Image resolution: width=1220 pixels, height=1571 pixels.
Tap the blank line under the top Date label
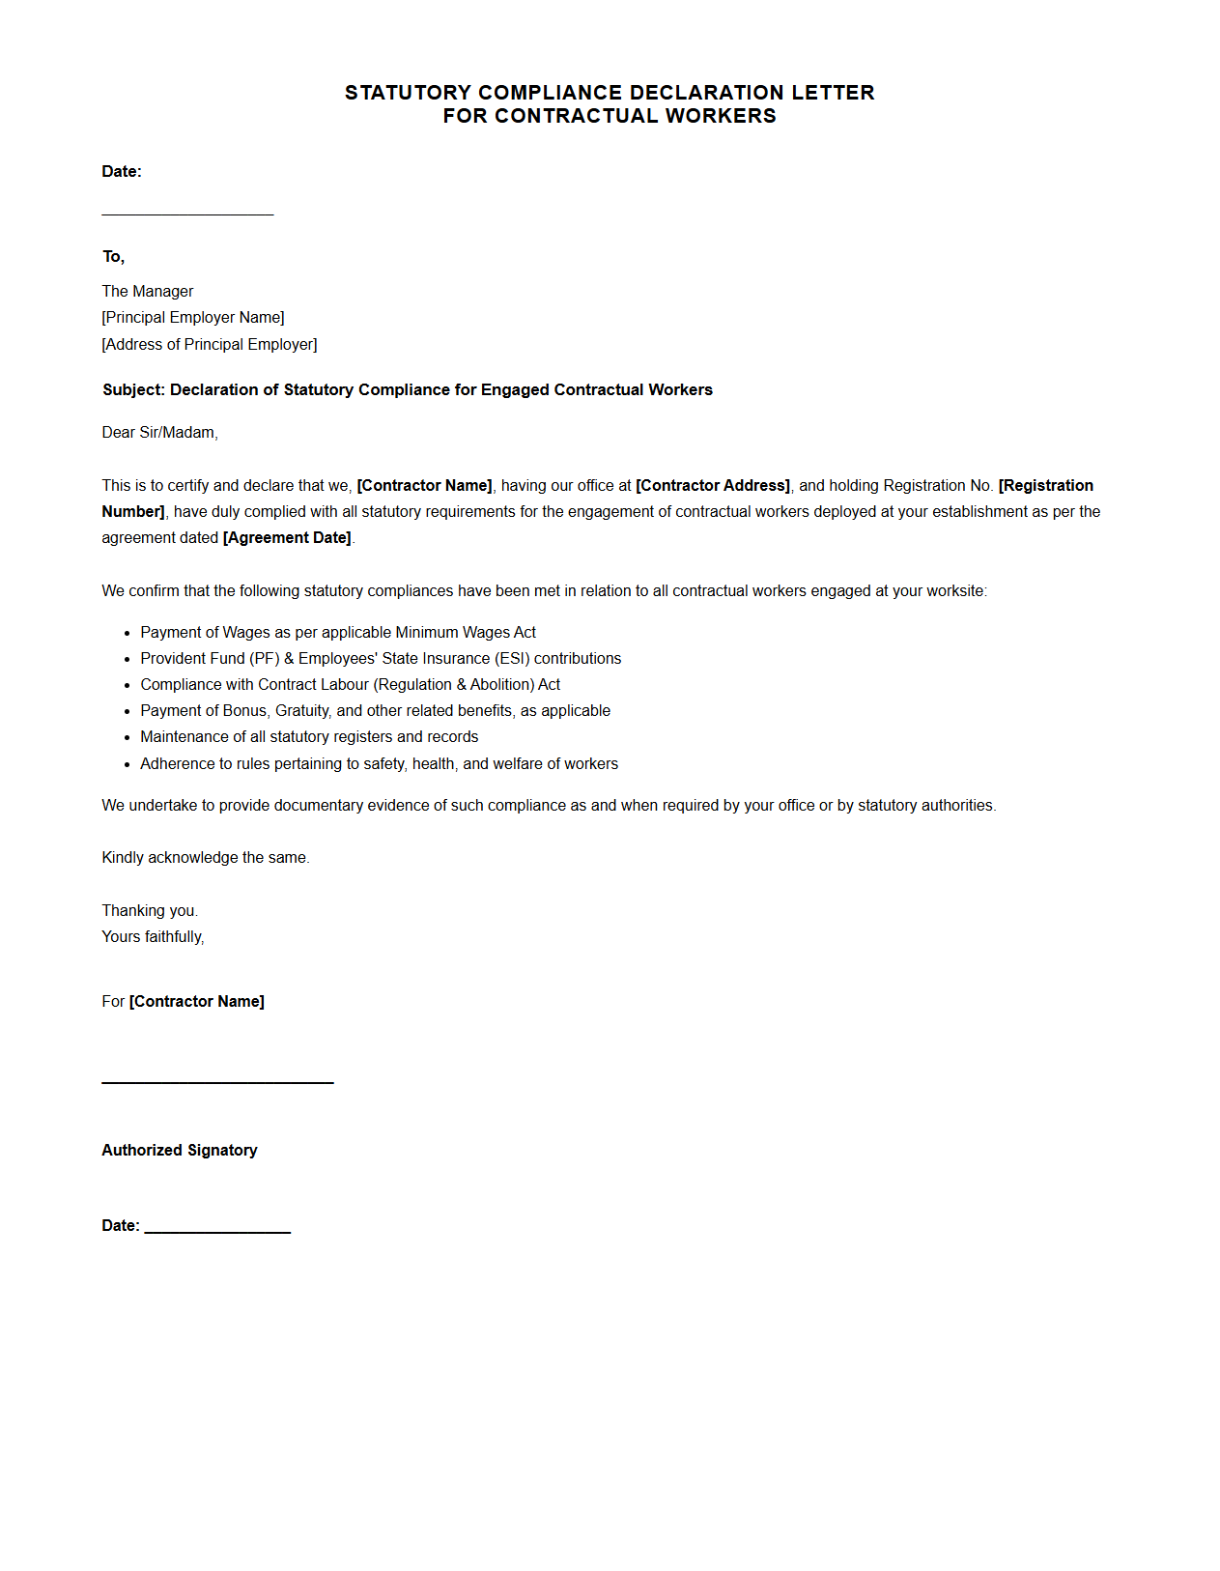coord(187,214)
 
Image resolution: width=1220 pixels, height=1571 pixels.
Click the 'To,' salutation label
coord(114,257)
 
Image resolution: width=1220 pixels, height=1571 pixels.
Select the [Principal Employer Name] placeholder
coord(193,318)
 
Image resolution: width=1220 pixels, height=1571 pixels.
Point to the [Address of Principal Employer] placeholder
coord(210,345)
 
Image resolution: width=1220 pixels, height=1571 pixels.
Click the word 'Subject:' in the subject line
coord(134,390)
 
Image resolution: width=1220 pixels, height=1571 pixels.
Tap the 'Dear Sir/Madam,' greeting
coord(160,433)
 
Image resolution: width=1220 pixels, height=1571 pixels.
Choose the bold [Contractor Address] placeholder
coord(713,486)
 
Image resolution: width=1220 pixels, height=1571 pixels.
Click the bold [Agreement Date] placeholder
coord(287,538)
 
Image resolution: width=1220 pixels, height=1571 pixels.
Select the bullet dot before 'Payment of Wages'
coord(127,634)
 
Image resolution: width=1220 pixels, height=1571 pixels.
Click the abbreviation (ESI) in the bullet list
coord(513,659)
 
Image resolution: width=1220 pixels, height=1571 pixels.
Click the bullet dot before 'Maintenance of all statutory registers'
coord(127,738)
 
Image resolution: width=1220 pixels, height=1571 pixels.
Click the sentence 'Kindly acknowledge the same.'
coord(206,858)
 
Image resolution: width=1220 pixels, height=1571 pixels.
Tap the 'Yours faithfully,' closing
coord(153,937)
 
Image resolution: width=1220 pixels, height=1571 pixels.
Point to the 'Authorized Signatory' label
coord(180,1151)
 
